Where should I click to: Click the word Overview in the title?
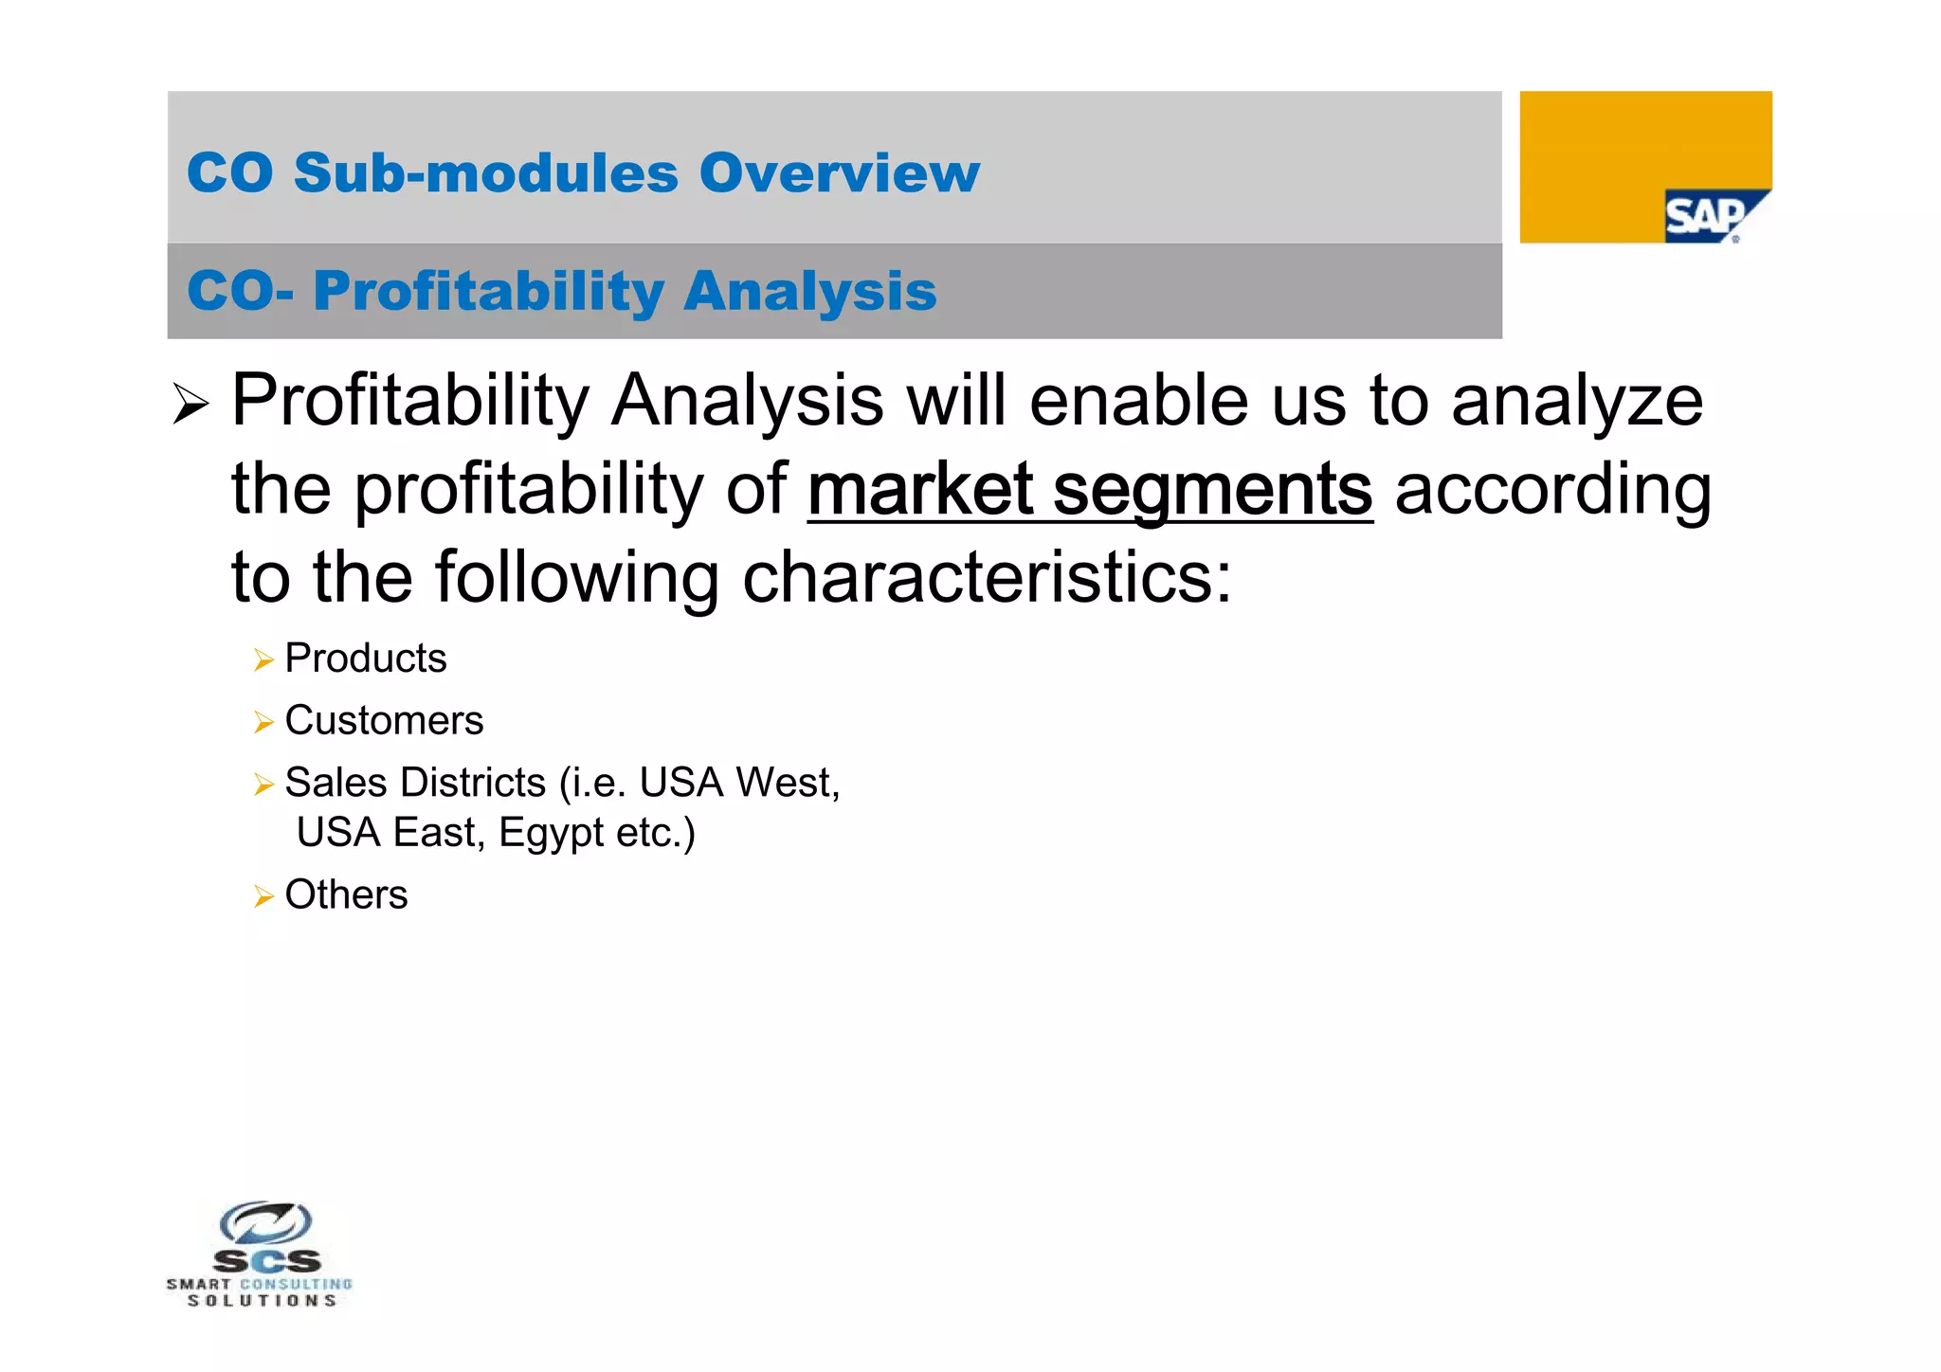(839, 173)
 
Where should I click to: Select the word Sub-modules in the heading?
(486, 173)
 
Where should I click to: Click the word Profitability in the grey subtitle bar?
(488, 291)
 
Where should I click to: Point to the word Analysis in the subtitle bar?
(809, 291)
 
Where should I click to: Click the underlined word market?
(919, 489)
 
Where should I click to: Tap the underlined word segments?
(1212, 491)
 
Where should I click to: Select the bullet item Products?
(365, 659)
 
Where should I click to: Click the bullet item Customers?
(384, 721)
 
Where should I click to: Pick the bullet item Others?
(346, 895)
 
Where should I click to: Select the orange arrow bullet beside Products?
(263, 660)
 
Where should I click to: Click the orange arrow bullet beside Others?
(263, 896)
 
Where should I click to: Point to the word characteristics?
(986, 577)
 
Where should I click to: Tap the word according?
(1552, 491)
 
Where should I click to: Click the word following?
(576, 579)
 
